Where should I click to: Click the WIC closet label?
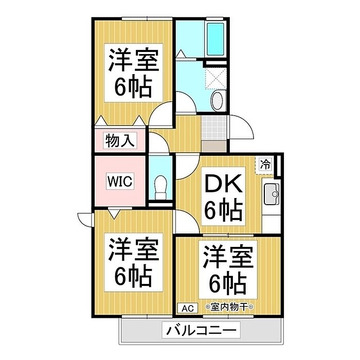[120, 182]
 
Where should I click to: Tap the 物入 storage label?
[120, 140]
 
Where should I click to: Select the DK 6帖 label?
[223, 196]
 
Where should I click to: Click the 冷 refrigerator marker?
[265, 164]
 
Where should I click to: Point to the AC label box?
[188, 309]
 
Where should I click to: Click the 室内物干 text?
[229, 307]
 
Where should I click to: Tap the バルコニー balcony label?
[201, 330]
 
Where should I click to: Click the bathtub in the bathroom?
[215, 39]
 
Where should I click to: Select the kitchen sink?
[272, 194]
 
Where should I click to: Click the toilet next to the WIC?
[160, 187]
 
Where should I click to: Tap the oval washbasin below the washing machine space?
[217, 100]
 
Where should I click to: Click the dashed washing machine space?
[215, 78]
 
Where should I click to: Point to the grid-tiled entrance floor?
[214, 128]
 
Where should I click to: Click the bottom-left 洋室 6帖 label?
[134, 262]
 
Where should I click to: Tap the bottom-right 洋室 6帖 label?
[228, 269]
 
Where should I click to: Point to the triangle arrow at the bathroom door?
[182, 53]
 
